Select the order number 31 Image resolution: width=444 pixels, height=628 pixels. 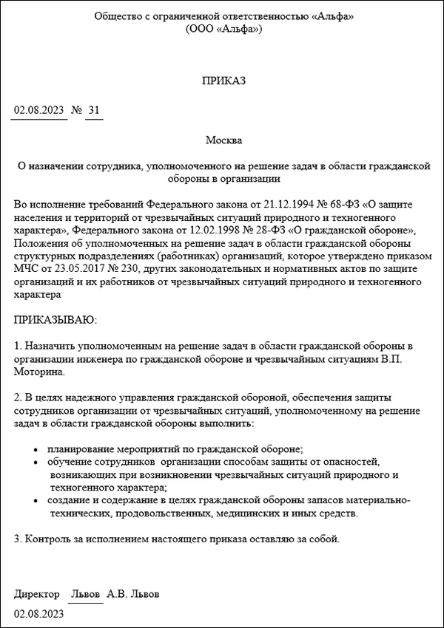93,111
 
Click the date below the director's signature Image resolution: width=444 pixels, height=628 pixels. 38,614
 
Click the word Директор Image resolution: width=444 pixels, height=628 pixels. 36,594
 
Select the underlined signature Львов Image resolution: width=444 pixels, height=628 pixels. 85,594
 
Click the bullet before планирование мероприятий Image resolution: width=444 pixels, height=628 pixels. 37,449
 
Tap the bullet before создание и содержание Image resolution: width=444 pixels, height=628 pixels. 37,501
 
